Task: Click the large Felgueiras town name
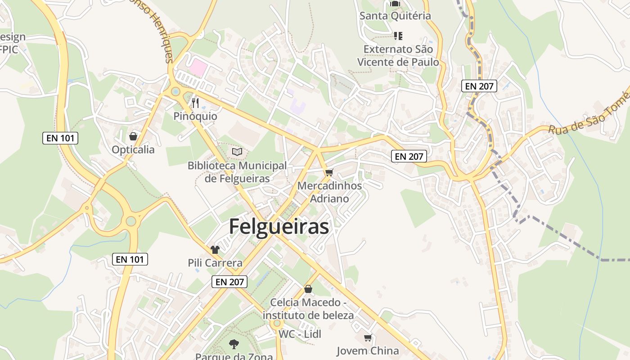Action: coord(279,227)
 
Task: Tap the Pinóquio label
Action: coord(195,117)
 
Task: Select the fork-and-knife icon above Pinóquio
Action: coord(195,103)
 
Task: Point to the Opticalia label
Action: coord(133,150)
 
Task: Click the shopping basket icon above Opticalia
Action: coord(133,136)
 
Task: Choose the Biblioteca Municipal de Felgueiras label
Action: coord(237,172)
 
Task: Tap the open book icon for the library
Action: coord(237,152)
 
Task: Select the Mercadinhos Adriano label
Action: coord(329,192)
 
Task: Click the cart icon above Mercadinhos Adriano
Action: coord(329,172)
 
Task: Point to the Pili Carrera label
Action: coord(215,263)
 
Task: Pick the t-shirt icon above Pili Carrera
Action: coord(215,250)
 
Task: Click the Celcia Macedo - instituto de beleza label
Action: coord(308,309)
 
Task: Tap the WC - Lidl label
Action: coord(300,334)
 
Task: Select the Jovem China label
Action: coord(368,351)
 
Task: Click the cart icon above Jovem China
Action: coord(368,337)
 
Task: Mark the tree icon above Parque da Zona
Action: coord(234,344)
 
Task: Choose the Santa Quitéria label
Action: coord(395,16)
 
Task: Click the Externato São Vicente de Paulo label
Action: coord(398,55)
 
